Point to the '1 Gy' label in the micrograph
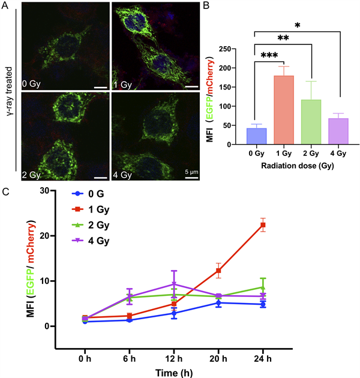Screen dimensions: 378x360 pos(123,84)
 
